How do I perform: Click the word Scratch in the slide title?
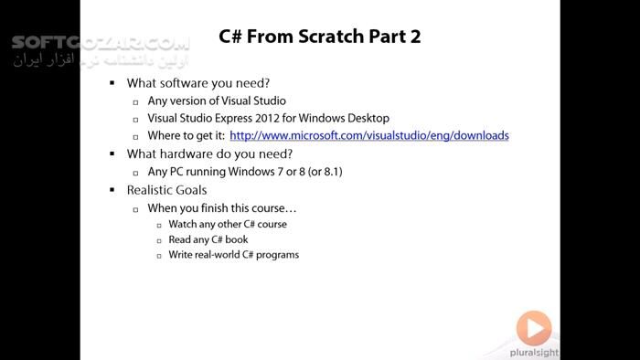point(334,37)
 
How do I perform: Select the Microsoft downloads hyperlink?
point(369,135)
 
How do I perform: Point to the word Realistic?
point(155,189)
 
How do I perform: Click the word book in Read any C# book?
point(236,239)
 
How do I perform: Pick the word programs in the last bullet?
point(276,254)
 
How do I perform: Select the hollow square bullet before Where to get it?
point(135,136)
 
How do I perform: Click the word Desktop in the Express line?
point(366,118)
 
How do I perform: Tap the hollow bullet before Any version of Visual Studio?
point(135,101)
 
